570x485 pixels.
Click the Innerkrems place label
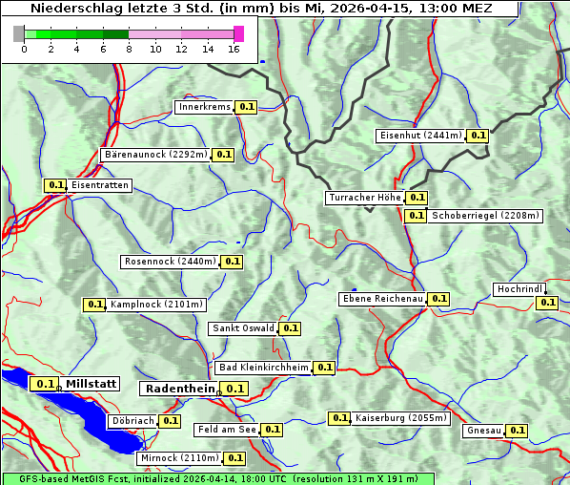(204, 107)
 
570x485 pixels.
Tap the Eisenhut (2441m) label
(420, 136)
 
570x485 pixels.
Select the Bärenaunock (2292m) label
(154, 154)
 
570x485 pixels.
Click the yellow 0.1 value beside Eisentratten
(55, 185)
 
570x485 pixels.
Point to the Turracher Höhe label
(364, 198)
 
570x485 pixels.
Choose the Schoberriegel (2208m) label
(485, 216)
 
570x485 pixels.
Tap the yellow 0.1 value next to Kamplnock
(94, 305)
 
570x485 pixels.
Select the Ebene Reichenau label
(382, 299)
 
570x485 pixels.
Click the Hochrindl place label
(519, 289)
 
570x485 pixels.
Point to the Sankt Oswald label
(243, 328)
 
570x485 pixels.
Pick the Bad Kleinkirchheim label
(264, 368)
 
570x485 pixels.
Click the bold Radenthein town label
(178, 389)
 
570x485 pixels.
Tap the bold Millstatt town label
(92, 384)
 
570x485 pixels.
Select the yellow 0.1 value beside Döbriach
(170, 420)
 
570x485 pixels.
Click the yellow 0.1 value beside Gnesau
(517, 431)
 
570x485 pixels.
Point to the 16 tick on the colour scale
(234, 50)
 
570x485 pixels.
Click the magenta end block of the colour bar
(238, 33)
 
